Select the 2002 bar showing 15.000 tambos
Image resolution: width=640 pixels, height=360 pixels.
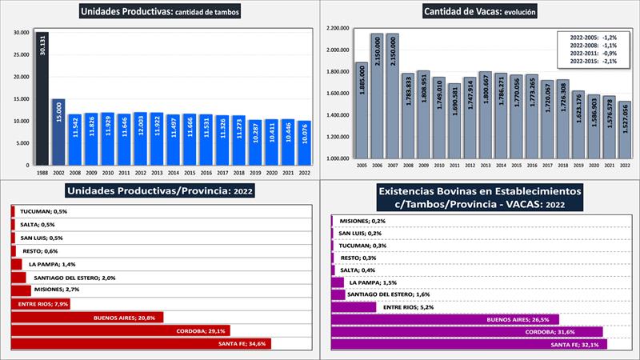58,132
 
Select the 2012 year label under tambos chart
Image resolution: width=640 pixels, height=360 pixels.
140,172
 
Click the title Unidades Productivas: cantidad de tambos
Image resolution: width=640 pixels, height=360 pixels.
159,11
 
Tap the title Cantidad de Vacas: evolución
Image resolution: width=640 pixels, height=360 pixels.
480,11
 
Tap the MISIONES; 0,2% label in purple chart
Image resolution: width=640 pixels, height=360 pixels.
362,221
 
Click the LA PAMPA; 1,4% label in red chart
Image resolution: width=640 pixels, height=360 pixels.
50,263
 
